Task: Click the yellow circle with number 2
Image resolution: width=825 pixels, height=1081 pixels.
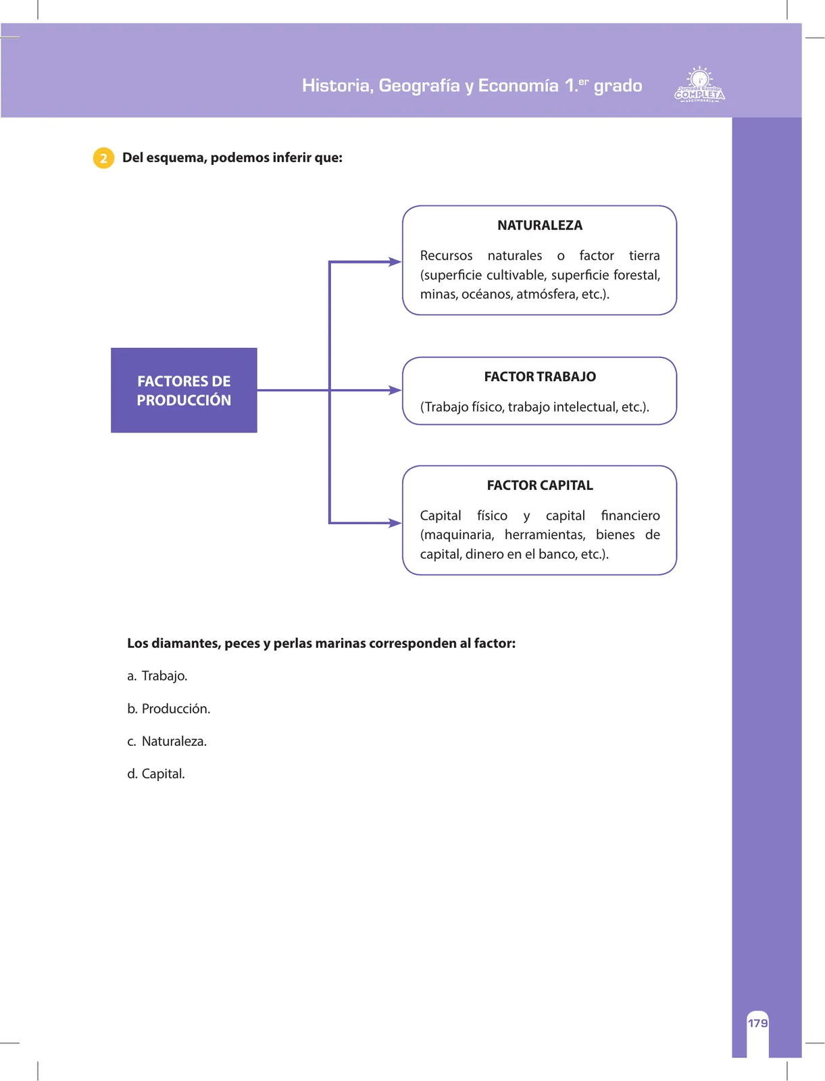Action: (x=103, y=158)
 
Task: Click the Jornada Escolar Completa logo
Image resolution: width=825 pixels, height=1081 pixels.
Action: (x=699, y=84)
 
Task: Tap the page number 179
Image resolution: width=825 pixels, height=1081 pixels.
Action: (x=757, y=1023)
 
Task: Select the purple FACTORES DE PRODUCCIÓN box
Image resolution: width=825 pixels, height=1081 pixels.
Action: (x=184, y=390)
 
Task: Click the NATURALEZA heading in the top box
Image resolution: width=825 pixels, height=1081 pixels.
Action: (x=540, y=225)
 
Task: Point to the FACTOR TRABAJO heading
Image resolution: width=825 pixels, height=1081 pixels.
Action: (x=540, y=376)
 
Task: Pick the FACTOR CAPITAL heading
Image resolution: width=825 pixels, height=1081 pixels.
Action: (x=540, y=485)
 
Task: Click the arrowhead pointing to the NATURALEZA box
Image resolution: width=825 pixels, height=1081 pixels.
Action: (x=395, y=261)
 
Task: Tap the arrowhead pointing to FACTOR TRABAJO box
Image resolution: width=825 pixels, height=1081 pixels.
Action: (x=395, y=390)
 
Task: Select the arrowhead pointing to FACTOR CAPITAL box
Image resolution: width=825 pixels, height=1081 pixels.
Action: (x=395, y=523)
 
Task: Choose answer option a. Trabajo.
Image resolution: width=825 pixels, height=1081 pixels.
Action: (x=157, y=676)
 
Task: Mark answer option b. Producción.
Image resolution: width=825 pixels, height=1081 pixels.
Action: (x=168, y=709)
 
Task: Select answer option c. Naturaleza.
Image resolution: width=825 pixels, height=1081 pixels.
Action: (x=167, y=741)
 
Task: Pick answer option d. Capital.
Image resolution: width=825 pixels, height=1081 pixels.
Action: (x=155, y=774)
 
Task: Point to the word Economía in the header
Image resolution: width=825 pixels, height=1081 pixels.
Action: (x=518, y=86)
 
